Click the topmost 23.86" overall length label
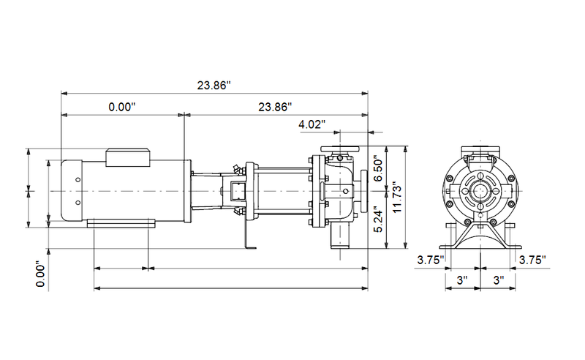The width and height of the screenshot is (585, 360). (214, 85)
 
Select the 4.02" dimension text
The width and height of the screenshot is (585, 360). (312, 124)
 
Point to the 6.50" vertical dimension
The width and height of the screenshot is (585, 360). (377, 169)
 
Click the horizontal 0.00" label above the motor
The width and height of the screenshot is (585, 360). (122, 107)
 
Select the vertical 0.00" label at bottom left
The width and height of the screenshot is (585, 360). (42, 274)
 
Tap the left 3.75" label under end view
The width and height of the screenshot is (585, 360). (431, 260)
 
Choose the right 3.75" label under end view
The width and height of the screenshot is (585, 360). (532, 260)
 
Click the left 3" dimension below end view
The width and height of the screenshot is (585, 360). (462, 280)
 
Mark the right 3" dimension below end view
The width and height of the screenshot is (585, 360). (497, 280)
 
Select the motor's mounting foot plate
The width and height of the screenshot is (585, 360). (121, 222)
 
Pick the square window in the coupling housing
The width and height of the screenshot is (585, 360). (237, 192)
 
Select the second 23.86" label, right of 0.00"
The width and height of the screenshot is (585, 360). (275, 107)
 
